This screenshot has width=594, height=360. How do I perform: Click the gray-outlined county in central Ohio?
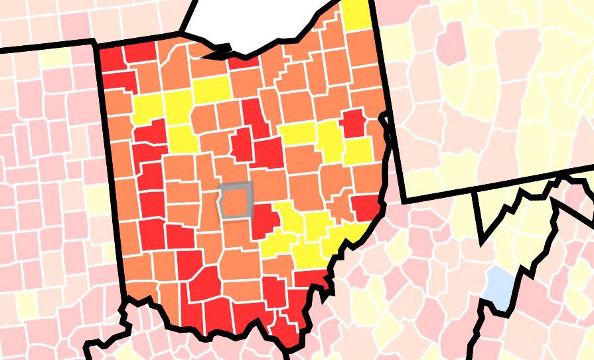(236, 200)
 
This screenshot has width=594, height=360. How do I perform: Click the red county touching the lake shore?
(244, 62)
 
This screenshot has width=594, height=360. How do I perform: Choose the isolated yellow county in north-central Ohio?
(211, 88)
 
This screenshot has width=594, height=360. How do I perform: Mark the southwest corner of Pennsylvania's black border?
(404, 199)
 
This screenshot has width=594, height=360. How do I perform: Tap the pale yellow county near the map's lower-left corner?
(27, 304)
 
